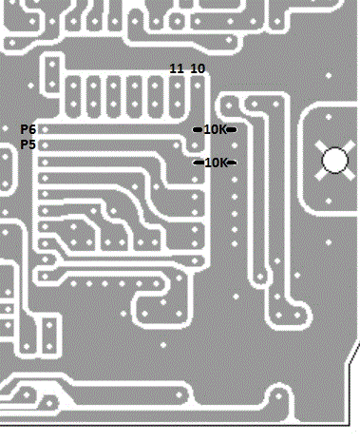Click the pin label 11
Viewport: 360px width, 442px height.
(177, 68)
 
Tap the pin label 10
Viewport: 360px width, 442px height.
(198, 68)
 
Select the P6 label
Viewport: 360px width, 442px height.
(28, 129)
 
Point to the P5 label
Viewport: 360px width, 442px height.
(28, 144)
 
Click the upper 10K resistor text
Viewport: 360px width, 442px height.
(216, 129)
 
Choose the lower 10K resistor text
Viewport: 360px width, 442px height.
(216, 163)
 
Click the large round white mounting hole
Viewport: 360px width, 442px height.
(333, 160)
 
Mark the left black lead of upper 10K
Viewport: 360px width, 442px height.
(199, 129)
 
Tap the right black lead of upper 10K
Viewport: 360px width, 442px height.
(232, 129)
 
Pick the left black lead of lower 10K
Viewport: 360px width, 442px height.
(199, 163)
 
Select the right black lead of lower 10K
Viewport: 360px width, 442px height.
(232, 163)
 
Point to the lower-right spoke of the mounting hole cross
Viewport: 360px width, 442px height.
(347, 173)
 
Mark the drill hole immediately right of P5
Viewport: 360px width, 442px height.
(45, 145)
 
